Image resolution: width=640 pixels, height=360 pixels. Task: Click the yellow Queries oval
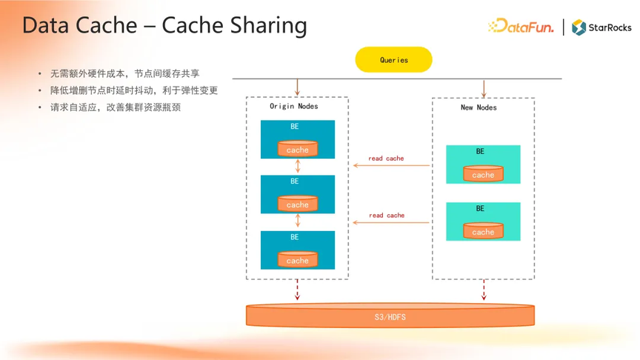[x=393, y=59]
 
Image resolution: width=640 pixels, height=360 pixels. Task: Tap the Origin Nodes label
[x=294, y=106]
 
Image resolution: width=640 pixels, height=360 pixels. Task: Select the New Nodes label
[x=479, y=107]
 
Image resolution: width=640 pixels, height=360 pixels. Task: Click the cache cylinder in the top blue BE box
[x=298, y=149]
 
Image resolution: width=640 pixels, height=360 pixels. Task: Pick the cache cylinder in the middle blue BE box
[x=298, y=203]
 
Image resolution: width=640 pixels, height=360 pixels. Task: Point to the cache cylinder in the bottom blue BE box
[x=298, y=259]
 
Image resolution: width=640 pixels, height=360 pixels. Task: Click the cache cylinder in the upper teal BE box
[x=483, y=173]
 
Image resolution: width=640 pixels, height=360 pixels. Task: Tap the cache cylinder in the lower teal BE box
[x=483, y=230]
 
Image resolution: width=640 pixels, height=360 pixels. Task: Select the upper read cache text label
[x=386, y=159]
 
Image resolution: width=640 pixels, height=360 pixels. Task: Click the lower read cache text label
[x=387, y=215]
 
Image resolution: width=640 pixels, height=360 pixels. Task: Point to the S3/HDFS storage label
[x=390, y=317]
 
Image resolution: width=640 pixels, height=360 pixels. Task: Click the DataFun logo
[x=521, y=26]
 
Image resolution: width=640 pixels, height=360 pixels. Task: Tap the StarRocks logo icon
[x=579, y=27]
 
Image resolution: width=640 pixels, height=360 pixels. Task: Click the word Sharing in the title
[x=269, y=26]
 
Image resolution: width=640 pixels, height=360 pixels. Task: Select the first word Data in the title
[x=45, y=25]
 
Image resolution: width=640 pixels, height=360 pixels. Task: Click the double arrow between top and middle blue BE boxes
[x=298, y=167]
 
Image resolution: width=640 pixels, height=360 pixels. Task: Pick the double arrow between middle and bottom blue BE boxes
[x=298, y=221]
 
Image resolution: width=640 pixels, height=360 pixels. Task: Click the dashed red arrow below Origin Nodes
[x=297, y=290]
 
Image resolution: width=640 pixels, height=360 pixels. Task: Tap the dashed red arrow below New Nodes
[x=484, y=290]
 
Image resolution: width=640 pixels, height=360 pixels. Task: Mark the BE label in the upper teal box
[x=480, y=151]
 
